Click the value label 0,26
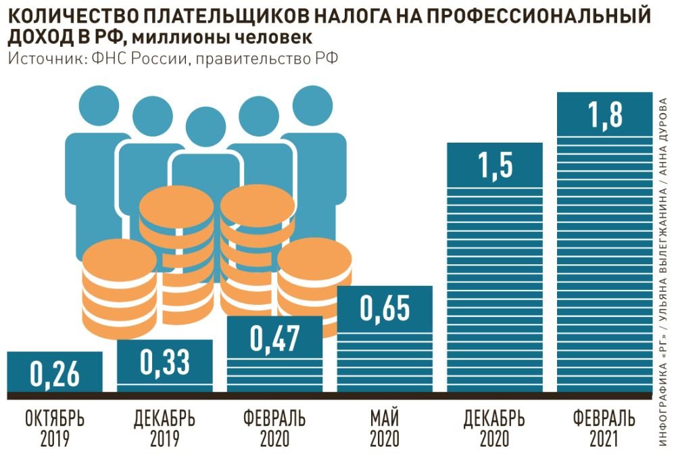tap(55, 373)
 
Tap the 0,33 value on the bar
tap(165, 362)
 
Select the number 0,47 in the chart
tap(274, 338)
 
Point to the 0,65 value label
tap(385, 308)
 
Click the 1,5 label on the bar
tap(495, 165)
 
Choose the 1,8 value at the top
tap(604, 115)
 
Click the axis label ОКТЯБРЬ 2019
tap(55, 429)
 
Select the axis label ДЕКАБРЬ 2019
tap(164, 429)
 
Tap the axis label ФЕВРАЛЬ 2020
tap(274, 429)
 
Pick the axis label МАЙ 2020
tap(385, 429)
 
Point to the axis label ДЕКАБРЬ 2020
tap(495, 429)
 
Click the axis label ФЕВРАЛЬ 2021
tap(604, 429)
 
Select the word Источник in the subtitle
tap(46, 59)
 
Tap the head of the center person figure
tap(206, 126)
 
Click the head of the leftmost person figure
tap(99, 105)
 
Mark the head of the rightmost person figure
tap(312, 105)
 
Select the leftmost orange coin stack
tap(120, 289)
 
